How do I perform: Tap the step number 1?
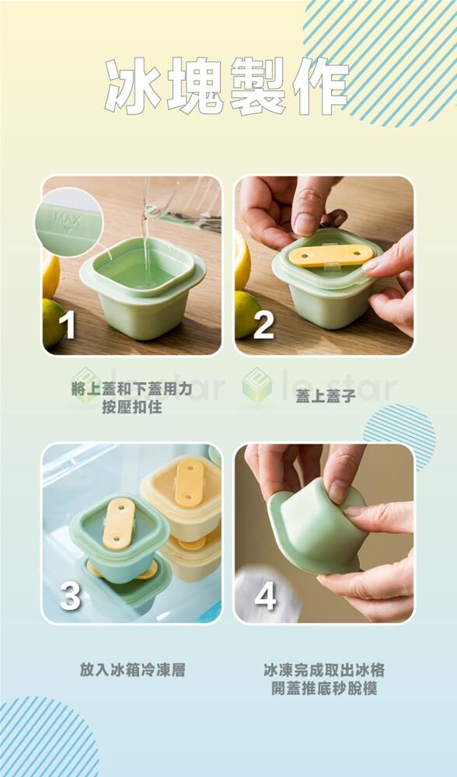(68, 325)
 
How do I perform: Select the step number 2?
(263, 325)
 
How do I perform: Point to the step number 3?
(69, 597)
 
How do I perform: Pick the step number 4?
(265, 597)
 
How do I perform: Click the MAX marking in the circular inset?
(68, 218)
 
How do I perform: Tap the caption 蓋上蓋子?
(326, 396)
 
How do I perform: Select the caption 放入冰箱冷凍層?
(132, 670)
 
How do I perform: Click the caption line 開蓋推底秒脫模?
(324, 688)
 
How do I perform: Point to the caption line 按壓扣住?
(132, 407)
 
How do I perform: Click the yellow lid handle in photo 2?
(332, 255)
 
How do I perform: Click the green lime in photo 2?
(247, 314)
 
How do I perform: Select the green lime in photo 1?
(54, 322)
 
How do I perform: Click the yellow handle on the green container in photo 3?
(118, 524)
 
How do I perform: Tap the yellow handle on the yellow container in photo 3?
(190, 483)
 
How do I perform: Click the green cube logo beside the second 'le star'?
(256, 385)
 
